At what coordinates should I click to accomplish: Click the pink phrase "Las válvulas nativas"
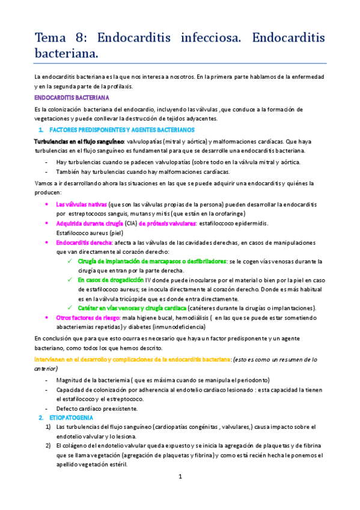81,204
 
